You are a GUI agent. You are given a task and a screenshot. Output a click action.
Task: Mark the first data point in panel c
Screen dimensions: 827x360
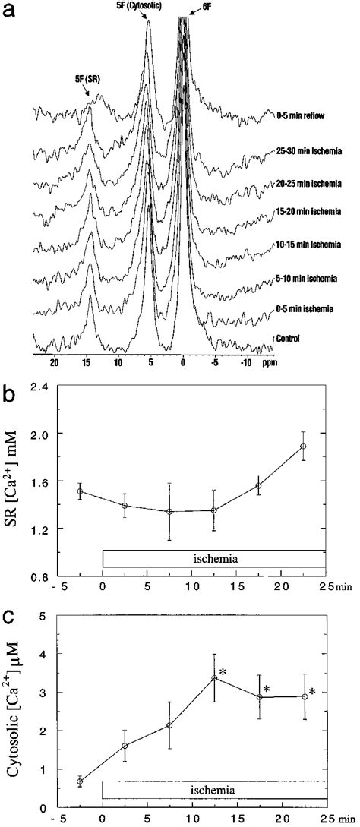[81, 781]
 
